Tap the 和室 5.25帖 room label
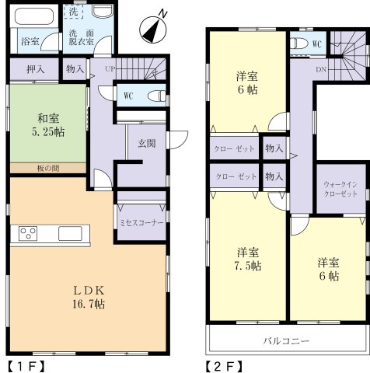click(x=48, y=125)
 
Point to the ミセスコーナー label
click(x=140, y=221)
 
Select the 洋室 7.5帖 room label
click(x=248, y=259)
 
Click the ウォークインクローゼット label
click(x=339, y=190)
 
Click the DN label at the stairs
click(x=321, y=68)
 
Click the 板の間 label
click(x=47, y=168)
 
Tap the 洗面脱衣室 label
click(x=81, y=39)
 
